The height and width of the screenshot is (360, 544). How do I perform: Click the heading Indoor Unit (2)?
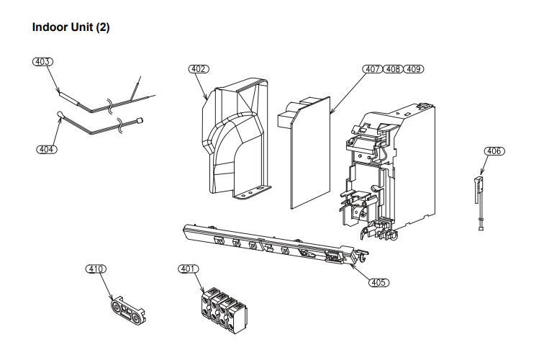coord(71,27)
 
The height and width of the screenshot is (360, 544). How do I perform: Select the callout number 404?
coord(47,149)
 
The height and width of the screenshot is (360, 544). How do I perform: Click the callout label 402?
coord(199,69)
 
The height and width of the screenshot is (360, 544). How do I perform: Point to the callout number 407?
coord(372,69)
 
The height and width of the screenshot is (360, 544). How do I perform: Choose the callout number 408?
coord(393,69)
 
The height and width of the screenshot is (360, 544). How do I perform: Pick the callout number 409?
coord(414,69)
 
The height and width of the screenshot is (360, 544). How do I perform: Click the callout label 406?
coord(494,151)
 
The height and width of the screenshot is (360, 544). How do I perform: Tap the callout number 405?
coord(378,282)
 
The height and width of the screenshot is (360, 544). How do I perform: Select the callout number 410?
coord(96,269)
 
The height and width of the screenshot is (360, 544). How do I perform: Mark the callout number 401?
coord(188,269)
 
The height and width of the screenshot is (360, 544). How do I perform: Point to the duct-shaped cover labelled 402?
coord(234,137)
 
